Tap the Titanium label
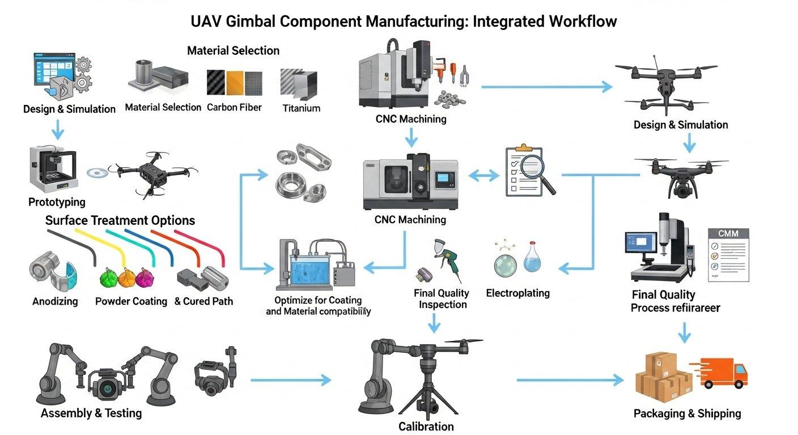point(301,108)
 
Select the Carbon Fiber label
point(234,107)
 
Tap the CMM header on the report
point(728,234)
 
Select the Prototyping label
point(57,202)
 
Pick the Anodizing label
point(55,301)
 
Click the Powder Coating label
point(131,301)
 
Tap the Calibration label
point(426,427)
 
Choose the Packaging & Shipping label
point(687,413)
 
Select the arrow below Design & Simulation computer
point(58,132)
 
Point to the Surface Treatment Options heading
point(120,220)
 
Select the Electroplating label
point(517,293)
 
